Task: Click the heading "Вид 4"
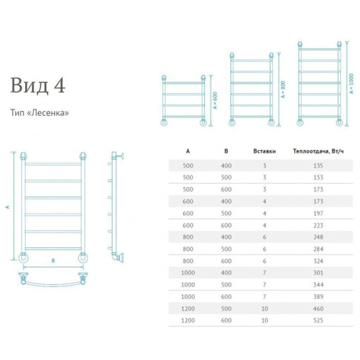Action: click(38, 85)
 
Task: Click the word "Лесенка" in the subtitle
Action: click(50, 113)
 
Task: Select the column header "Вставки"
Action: click(265, 151)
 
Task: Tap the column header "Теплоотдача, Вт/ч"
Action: click(318, 151)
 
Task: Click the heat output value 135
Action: click(318, 166)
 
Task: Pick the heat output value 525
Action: click(318, 320)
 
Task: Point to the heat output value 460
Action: click(318, 308)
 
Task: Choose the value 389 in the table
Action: click(318, 296)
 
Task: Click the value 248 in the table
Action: click(318, 237)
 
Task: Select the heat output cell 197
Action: click(318, 213)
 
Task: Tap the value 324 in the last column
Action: click(318, 261)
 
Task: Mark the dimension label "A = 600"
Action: click(215, 101)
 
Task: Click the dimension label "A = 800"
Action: click(283, 89)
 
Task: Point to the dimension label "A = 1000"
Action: click(351, 83)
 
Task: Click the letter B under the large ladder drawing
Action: click(53, 261)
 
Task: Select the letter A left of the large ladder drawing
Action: click(8, 207)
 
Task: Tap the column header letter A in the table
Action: click(188, 151)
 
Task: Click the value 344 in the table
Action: click(318, 284)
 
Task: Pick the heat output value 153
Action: click(318, 177)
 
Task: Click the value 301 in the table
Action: click(318, 273)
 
